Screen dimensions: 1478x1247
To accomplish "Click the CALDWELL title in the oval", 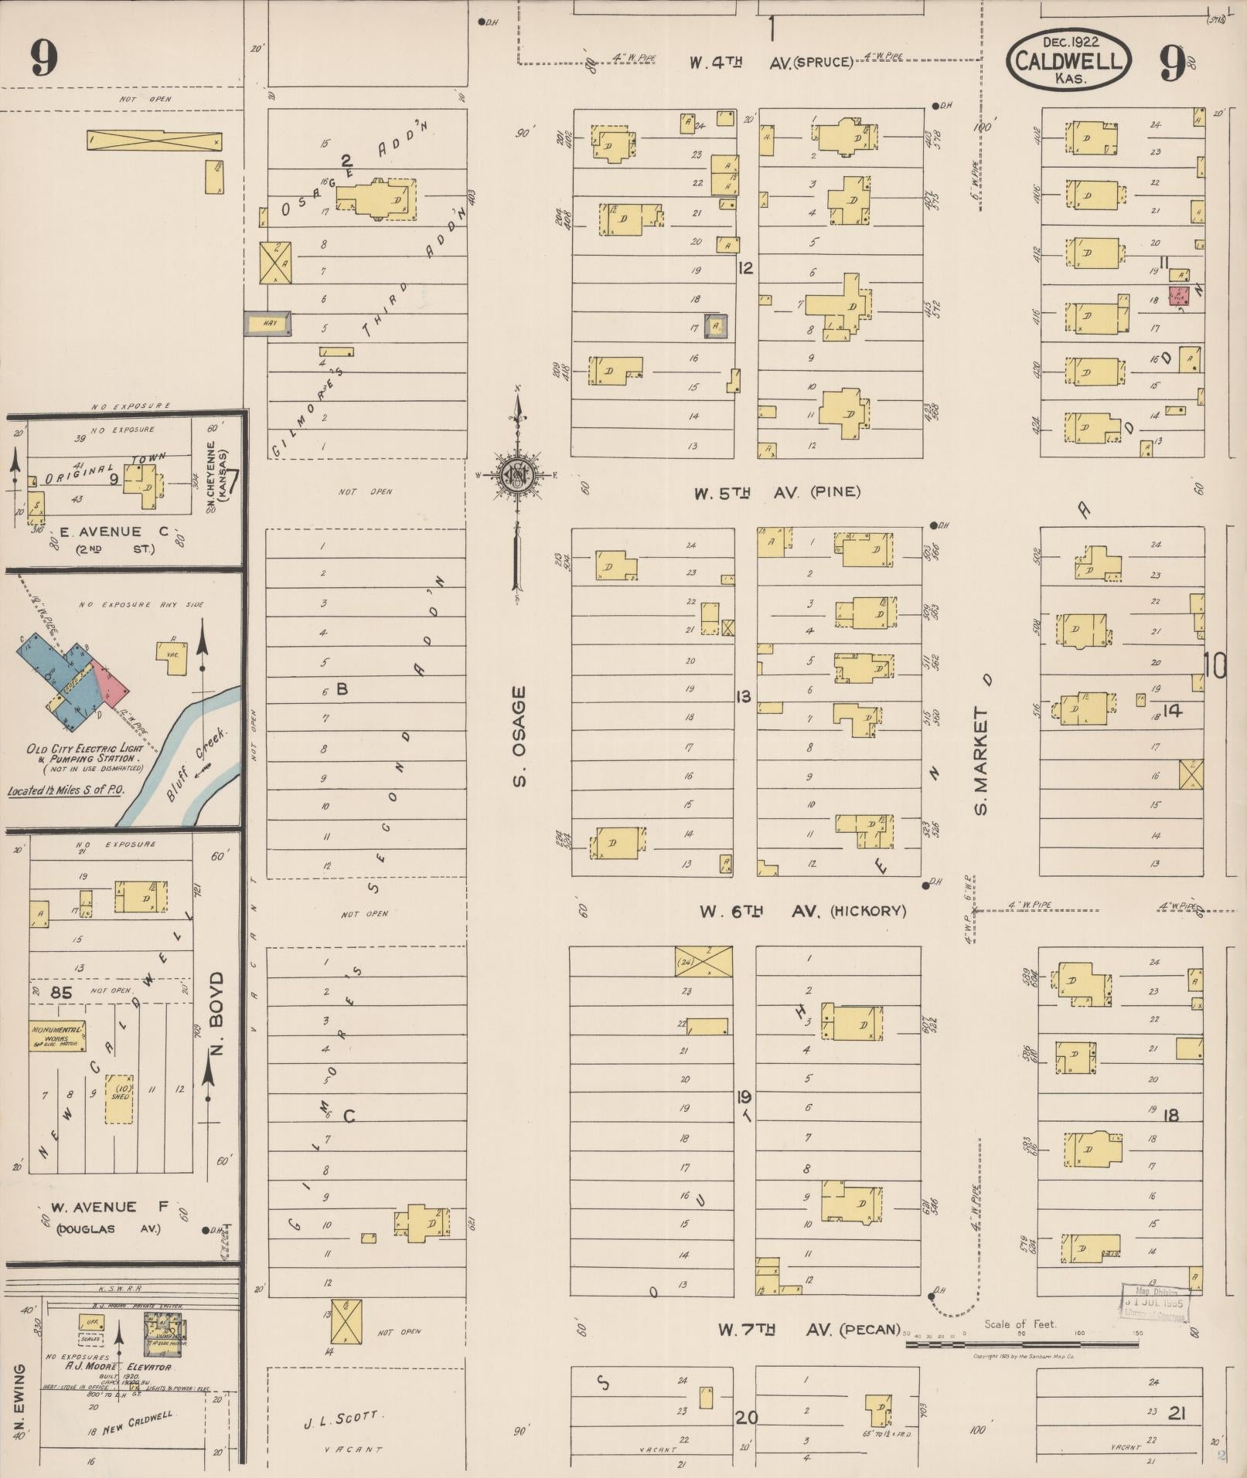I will tap(1068, 61).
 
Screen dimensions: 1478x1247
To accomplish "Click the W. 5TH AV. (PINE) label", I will tap(776, 492).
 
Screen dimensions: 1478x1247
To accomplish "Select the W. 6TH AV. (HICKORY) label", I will tap(802, 911).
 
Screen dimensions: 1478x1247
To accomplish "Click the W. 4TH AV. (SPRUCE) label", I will tap(772, 62).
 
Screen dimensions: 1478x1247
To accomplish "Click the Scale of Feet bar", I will tap(1021, 1344).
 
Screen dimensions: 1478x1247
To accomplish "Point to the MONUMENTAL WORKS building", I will tap(57, 1037).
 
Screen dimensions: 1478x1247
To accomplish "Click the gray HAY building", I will tap(268, 324).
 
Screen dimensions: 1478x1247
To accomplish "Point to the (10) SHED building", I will tap(121, 1098).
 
